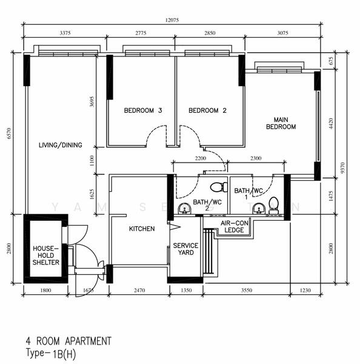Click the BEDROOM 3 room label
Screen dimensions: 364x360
tap(143, 110)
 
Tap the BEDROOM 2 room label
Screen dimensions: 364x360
tap(207, 110)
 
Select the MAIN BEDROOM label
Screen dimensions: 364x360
tap(281, 123)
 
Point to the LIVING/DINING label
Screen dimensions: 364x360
tap(60, 145)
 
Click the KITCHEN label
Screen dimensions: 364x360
tap(142, 229)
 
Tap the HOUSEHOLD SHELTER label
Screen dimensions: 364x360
tap(46, 255)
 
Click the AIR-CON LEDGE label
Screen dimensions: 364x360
tap(235, 226)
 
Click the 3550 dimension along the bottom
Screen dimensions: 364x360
tap(247, 291)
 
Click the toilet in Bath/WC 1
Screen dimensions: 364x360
tap(273, 204)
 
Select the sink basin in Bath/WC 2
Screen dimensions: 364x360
tap(185, 209)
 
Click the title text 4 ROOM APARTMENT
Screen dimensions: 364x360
tap(68, 341)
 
